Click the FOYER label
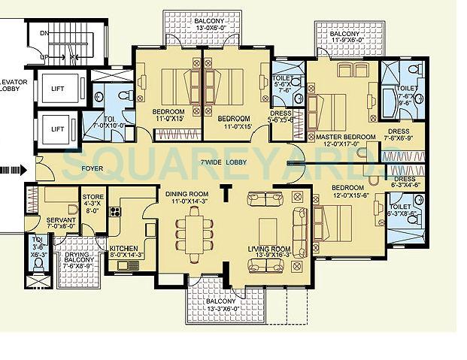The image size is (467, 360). (x=92, y=169)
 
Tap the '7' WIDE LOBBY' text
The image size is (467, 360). (x=226, y=162)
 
